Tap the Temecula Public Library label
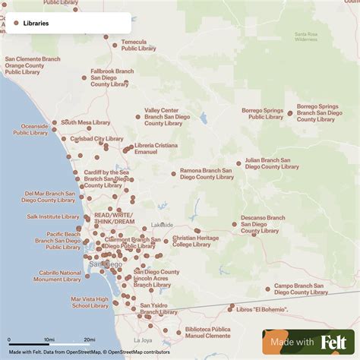point(139,45)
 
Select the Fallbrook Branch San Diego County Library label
point(112,77)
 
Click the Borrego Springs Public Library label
point(262,114)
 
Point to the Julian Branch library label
point(272,163)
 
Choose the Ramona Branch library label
point(207,174)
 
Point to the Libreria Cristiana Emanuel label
point(156,149)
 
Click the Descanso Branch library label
point(263,224)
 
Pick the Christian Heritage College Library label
point(195,241)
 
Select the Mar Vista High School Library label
point(90,303)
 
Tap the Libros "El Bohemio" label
point(259,310)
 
